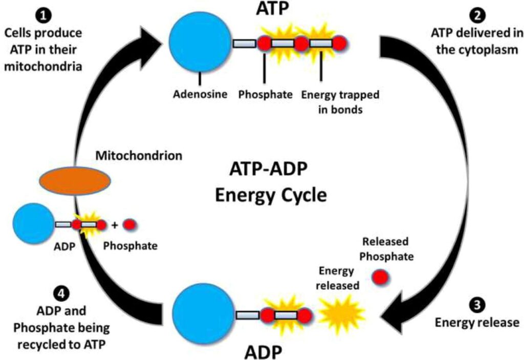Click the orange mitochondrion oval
(x=75, y=181)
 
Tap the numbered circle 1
(x=43, y=15)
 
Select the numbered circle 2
(x=477, y=15)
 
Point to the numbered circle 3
(x=477, y=305)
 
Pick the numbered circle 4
(x=61, y=293)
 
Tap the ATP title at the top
(x=272, y=9)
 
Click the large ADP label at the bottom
(x=263, y=352)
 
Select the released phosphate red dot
(x=380, y=278)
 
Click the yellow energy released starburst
(x=341, y=313)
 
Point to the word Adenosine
(x=200, y=94)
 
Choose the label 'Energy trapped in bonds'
(x=340, y=102)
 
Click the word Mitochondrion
(x=139, y=156)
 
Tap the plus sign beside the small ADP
(x=115, y=225)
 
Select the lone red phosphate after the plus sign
(x=128, y=225)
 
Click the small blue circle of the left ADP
(x=33, y=224)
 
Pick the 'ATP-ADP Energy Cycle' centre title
(x=270, y=182)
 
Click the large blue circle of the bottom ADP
(x=204, y=314)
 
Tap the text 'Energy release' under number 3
(x=477, y=323)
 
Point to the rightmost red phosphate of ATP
(x=339, y=44)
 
